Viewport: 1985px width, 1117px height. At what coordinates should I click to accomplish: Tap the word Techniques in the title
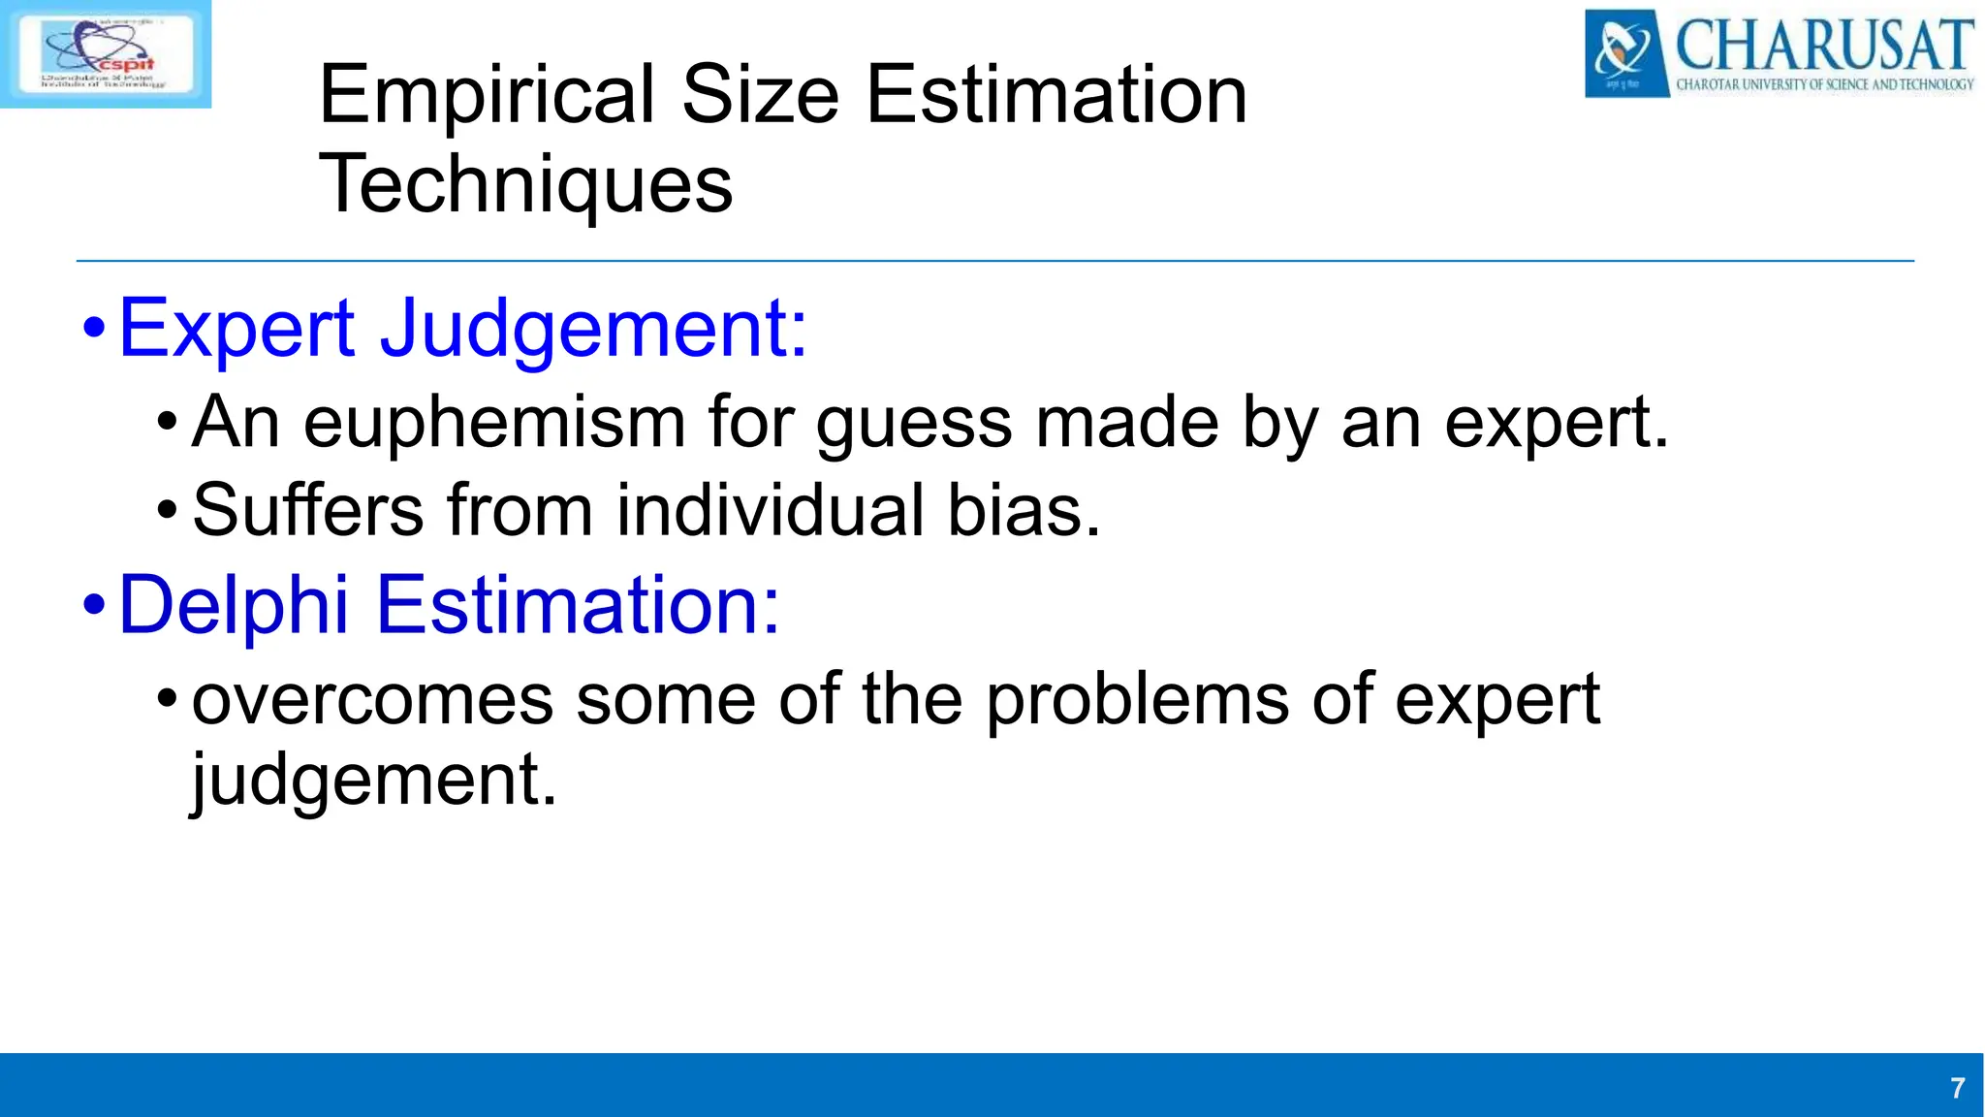pyautogui.click(x=525, y=184)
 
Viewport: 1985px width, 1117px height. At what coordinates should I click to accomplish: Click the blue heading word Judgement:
pyautogui.click(x=593, y=330)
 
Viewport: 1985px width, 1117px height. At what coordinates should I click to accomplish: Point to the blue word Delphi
pyautogui.click(x=233, y=605)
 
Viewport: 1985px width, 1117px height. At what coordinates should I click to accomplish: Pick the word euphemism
pyautogui.click(x=494, y=424)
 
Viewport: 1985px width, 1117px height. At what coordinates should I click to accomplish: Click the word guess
pyautogui.click(x=914, y=424)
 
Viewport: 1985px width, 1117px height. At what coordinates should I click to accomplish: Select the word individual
pyautogui.click(x=770, y=510)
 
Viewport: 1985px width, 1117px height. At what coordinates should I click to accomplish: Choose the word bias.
pyautogui.click(x=1024, y=510)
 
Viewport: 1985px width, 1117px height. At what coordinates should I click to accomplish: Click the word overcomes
pyautogui.click(x=372, y=699)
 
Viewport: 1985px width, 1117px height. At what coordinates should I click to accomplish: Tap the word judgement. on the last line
pyautogui.click(x=374, y=781)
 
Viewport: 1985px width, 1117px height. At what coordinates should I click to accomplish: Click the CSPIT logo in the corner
pyautogui.click(x=105, y=53)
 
